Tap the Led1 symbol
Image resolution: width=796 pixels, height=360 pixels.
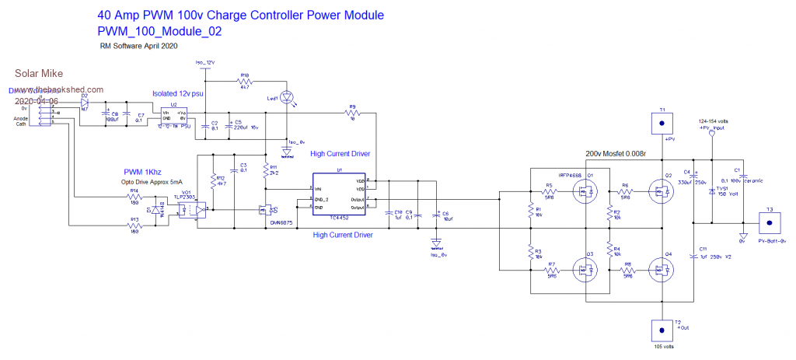[289, 96]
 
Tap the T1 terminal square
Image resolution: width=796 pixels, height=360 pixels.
[662, 123]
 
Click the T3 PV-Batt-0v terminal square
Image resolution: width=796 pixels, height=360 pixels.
[770, 223]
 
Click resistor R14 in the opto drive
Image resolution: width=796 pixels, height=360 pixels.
[134, 196]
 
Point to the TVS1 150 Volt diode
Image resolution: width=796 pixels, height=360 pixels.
[712, 192]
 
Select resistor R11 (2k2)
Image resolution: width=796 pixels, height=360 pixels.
[266, 171]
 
